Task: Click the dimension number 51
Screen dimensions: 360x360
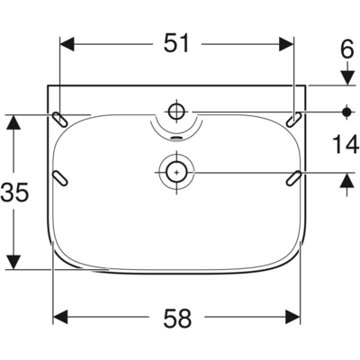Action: click(x=176, y=43)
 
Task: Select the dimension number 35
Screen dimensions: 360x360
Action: click(x=14, y=192)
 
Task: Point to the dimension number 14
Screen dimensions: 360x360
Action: click(x=346, y=144)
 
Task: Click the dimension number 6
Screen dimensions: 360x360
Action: click(x=347, y=49)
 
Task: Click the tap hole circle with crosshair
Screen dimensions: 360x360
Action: click(x=176, y=112)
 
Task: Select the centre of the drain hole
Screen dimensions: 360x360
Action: click(x=176, y=173)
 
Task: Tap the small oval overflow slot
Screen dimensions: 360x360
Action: click(x=176, y=138)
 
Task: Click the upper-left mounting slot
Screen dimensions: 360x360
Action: click(x=60, y=120)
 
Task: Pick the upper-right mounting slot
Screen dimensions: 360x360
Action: click(x=293, y=120)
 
